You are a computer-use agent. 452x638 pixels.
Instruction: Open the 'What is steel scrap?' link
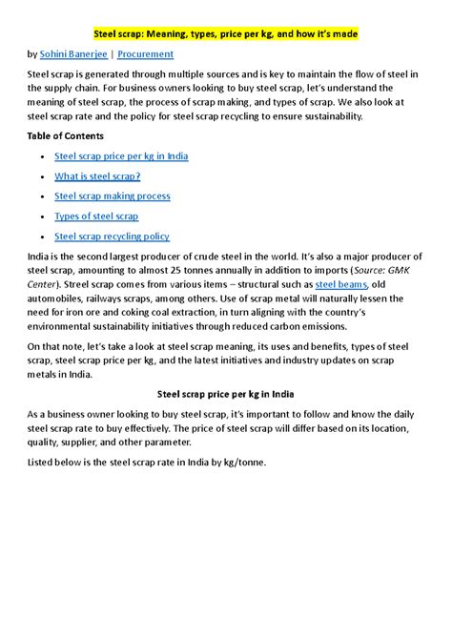[97, 175]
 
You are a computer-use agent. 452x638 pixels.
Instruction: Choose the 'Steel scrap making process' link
[113, 196]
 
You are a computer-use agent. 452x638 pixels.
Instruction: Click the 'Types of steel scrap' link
[96, 216]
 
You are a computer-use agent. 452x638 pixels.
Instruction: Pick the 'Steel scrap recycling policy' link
[112, 237]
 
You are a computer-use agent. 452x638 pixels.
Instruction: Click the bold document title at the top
[226, 31]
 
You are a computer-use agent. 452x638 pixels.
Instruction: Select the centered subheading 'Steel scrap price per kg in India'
[226, 394]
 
